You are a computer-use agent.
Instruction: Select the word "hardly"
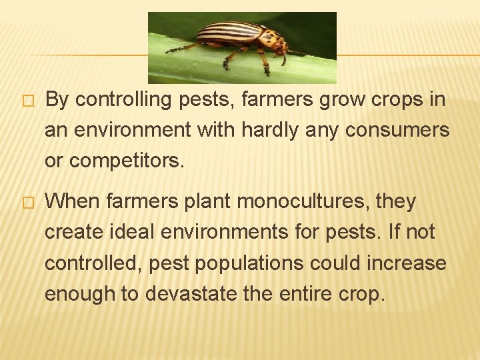pos(253,131)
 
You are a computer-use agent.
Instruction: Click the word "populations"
pos(256,263)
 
